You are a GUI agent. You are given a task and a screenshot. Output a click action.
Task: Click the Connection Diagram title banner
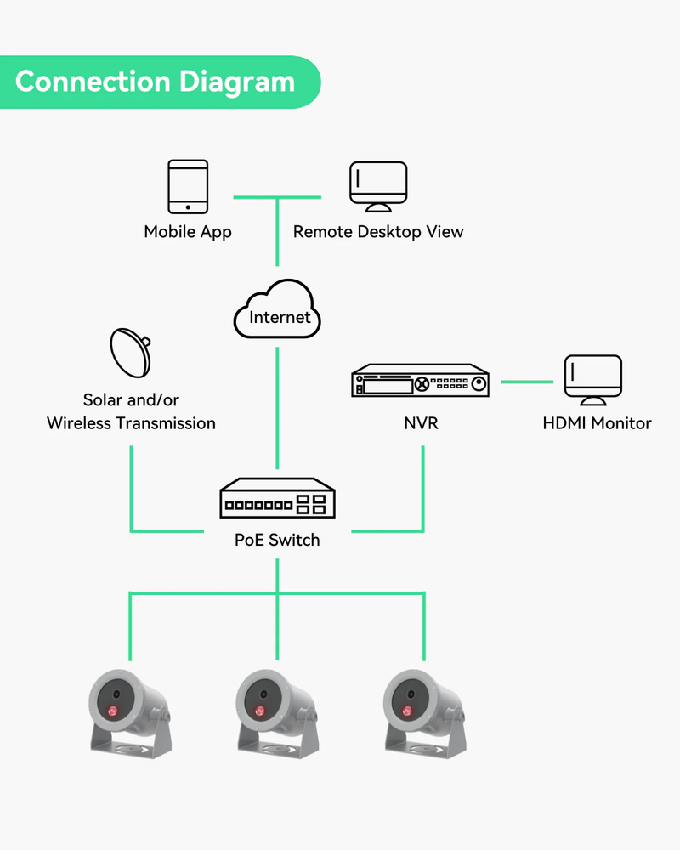click(157, 82)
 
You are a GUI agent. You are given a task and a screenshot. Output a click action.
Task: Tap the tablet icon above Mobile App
click(188, 188)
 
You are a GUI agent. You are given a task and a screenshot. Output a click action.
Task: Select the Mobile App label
click(188, 231)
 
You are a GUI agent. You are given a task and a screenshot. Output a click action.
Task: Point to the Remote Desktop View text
click(378, 231)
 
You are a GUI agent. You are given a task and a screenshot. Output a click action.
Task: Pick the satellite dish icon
click(130, 353)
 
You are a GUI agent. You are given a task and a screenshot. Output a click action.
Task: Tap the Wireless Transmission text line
click(131, 423)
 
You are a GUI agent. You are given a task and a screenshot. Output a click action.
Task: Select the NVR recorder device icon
click(421, 382)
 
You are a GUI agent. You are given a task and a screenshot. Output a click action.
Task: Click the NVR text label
click(421, 423)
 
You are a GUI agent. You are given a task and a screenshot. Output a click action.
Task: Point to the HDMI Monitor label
click(597, 423)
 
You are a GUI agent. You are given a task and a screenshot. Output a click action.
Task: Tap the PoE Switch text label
click(277, 540)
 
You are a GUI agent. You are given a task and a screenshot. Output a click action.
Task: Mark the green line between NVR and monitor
click(527, 382)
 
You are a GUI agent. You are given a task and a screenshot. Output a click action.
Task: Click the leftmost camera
click(130, 711)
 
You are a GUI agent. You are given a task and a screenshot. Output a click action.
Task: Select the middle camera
click(277, 711)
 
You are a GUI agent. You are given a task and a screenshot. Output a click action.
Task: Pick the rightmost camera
click(424, 711)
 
